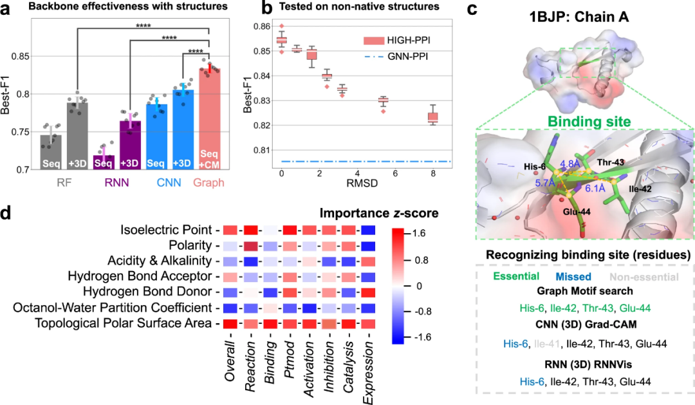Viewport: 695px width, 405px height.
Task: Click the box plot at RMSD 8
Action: coord(432,117)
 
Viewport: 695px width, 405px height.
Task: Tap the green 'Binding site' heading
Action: coord(580,120)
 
